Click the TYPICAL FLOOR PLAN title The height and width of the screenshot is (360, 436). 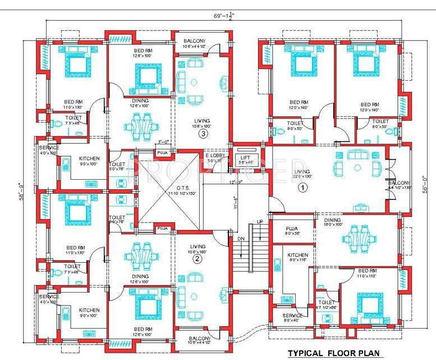coord(334,353)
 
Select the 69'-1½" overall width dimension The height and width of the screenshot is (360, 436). coord(221,16)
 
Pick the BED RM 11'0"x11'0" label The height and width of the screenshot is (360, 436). coord(370,273)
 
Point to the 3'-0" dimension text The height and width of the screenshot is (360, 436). coord(163,142)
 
